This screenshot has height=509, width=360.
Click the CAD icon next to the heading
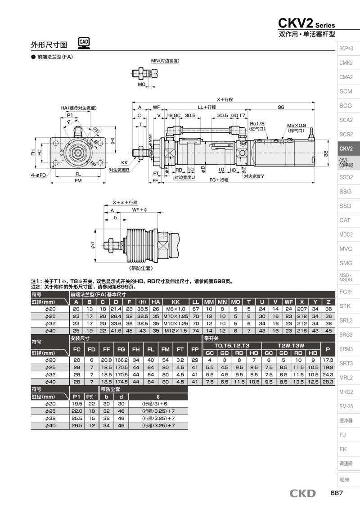tap(84, 43)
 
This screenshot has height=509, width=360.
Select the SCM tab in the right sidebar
tap(346, 91)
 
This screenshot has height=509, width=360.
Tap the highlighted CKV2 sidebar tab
tap(346, 149)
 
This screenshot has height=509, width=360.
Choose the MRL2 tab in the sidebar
tap(346, 378)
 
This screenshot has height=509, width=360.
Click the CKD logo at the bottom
tap(302, 494)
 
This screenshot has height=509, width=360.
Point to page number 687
tap(337, 493)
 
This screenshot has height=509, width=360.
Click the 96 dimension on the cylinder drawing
tap(281, 107)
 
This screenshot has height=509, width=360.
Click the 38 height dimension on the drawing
tap(325, 153)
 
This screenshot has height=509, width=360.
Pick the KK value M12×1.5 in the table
tap(176, 330)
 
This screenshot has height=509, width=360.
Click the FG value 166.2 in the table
tap(121, 360)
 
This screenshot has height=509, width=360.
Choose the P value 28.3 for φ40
tap(328, 382)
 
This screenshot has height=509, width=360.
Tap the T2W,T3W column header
tap(292, 345)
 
